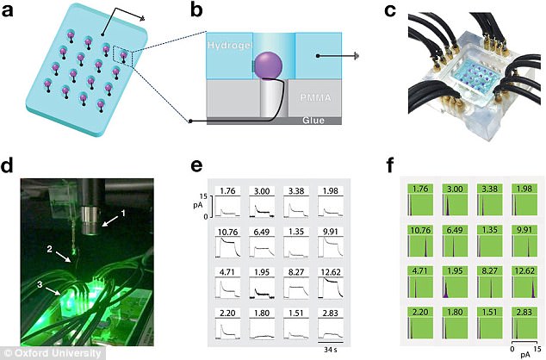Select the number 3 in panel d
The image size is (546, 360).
(42, 283)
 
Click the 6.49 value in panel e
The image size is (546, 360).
(261, 232)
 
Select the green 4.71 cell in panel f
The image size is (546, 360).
(421, 280)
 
